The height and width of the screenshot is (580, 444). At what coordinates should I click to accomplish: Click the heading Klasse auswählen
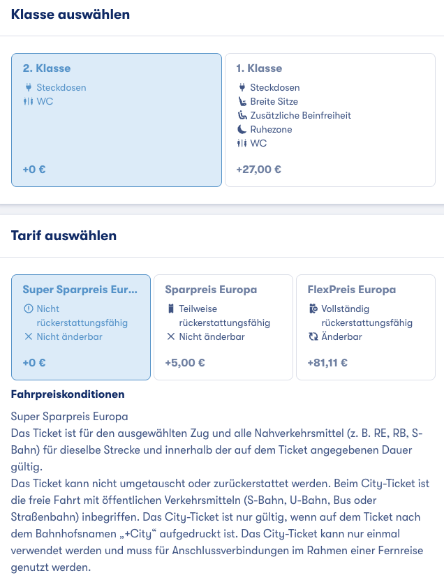click(71, 14)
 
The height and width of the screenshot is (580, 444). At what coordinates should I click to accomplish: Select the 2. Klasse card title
click(47, 68)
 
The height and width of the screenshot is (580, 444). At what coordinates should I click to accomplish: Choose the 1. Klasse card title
click(259, 68)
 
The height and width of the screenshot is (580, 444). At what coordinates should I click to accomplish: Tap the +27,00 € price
click(259, 169)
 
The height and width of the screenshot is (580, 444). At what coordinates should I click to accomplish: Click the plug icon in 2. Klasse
click(28, 87)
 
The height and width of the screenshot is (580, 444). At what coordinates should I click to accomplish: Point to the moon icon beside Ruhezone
click(242, 129)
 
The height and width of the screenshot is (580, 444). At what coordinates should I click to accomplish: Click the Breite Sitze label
click(274, 101)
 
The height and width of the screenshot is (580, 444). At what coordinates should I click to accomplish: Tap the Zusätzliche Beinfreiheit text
click(300, 115)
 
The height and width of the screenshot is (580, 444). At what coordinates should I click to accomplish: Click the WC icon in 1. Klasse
click(242, 143)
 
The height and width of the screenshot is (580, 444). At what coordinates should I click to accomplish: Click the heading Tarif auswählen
click(64, 235)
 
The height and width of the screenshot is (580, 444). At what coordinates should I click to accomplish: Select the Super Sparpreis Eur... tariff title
click(80, 289)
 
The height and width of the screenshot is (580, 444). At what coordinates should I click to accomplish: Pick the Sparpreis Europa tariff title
click(211, 289)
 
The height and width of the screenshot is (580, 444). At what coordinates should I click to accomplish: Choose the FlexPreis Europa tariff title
click(352, 289)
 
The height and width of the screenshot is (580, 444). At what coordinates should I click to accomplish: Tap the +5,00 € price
click(185, 363)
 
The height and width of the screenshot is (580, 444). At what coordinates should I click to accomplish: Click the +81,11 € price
click(327, 363)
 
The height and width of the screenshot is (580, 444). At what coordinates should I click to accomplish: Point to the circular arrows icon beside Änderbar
click(313, 336)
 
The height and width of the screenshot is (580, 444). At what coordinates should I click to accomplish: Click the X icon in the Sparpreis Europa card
click(170, 336)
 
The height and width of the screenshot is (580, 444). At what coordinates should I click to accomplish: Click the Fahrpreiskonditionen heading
click(68, 394)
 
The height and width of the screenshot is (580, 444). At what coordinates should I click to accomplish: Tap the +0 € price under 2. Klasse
click(34, 169)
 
